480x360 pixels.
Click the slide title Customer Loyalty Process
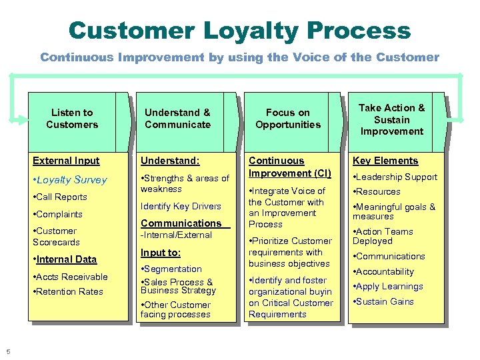(239, 30)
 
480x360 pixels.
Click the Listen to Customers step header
(72, 119)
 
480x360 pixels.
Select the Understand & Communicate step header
(177, 119)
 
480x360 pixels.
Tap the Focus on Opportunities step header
(288, 119)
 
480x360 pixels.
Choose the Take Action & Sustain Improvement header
(391, 119)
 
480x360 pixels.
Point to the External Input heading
(67, 161)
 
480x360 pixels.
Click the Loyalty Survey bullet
(70, 180)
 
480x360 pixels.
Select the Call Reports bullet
(61, 197)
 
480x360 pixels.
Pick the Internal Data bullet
(65, 259)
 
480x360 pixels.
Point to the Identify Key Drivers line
(181, 207)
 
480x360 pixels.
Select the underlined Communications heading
(181, 223)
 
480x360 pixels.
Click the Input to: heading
(161, 253)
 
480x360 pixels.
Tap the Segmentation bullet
(171, 269)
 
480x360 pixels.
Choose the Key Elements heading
(385, 161)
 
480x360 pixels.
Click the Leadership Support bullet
(395, 177)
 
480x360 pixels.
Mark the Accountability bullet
(383, 272)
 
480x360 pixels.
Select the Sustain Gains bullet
(383, 302)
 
